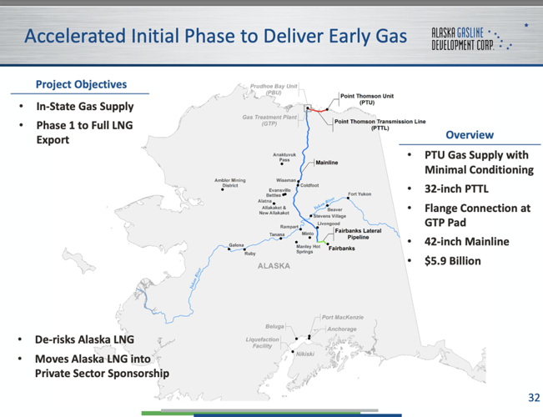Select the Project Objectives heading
pos(81,84)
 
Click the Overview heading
pos(469,134)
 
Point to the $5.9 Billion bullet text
pos(453,260)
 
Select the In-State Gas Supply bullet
pos(84,108)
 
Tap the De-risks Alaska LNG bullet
pos(83,339)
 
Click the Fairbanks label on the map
pos(341,248)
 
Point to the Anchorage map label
pos(342,329)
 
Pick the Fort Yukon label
pos(359,193)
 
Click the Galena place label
pos(237,245)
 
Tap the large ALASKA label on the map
pos(274,266)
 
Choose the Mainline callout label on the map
pos(327,163)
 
